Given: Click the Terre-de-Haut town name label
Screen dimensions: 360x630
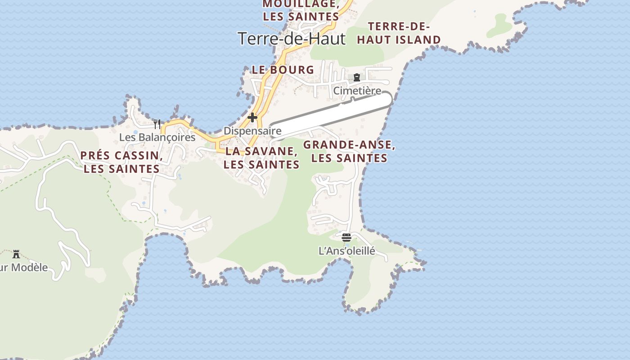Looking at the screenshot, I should point(291,39).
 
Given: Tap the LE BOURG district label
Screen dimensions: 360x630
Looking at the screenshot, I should point(283,70).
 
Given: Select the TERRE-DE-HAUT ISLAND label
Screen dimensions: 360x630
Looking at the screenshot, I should point(399,33).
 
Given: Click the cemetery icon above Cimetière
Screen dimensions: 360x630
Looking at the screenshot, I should point(357,77).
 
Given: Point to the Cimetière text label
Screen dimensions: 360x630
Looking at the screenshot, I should point(357,91).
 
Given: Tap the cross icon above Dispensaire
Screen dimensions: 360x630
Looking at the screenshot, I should point(252,118).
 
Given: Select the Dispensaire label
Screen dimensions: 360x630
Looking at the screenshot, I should point(252,131).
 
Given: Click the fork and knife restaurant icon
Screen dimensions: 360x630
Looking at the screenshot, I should point(157,124).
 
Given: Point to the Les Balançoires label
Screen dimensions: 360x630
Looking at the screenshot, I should point(157,137).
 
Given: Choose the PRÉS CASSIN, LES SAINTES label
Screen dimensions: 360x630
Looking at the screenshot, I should point(121,162).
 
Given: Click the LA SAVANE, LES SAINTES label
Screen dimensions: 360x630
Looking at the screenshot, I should point(261,158).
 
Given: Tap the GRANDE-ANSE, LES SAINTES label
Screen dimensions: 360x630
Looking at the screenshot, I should point(349,152).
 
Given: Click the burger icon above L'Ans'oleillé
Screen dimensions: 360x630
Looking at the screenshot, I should point(346,237).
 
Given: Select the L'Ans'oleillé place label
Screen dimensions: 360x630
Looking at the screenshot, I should point(346,251).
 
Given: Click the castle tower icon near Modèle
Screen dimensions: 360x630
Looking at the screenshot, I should point(16,254).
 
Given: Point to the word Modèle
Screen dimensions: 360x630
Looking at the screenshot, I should point(30,267).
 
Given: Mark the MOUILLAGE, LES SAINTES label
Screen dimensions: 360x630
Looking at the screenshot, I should point(301,10).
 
